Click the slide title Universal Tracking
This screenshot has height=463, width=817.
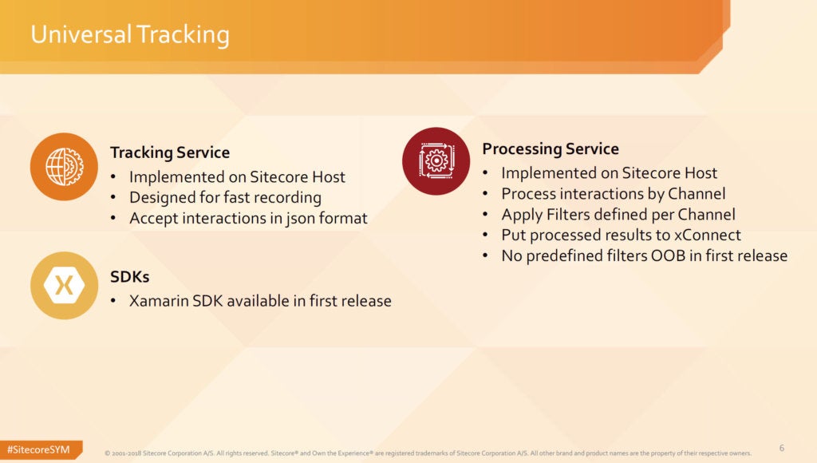coord(130,35)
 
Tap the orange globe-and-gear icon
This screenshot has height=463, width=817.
coord(64,167)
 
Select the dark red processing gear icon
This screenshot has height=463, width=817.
coord(436,161)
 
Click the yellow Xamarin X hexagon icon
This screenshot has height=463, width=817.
coord(64,286)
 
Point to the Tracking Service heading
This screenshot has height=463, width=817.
coord(170,152)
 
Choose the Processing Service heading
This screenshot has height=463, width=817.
coord(551,148)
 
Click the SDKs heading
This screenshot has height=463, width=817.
coord(130,276)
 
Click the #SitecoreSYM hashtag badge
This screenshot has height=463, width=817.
coord(40,449)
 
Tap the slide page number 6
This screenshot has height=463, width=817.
coord(782,448)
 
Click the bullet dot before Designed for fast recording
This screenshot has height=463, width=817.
coord(113,198)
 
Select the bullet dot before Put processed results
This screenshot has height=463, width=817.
coord(485,235)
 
